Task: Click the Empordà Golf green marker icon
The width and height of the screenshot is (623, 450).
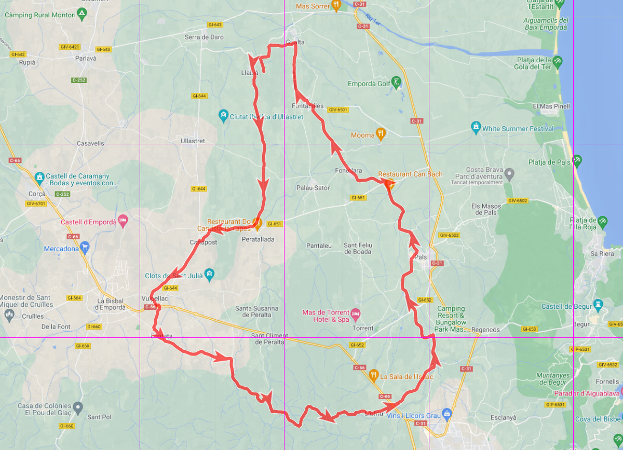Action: coord(397,81)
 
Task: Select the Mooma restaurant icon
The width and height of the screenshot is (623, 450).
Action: coord(381,133)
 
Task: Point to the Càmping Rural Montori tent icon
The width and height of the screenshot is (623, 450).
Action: coord(82,13)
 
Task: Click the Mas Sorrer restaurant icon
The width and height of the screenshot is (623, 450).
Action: coord(336,6)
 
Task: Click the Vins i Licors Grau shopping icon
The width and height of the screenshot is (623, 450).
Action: coord(448,414)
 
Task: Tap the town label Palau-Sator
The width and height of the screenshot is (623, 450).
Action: coord(313,188)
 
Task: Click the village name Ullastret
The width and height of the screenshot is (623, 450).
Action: coord(193,141)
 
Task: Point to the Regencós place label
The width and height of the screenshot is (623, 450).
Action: coord(485,330)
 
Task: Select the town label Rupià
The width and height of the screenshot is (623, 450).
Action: coord(27,62)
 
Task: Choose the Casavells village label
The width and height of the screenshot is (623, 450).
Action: coord(90,143)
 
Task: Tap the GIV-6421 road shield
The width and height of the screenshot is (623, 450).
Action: coord(70,47)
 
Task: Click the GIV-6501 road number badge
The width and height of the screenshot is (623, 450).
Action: coord(337,110)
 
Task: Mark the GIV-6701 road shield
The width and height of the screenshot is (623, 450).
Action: coord(36,203)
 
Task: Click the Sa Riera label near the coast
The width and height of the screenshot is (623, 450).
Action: coord(602,254)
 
